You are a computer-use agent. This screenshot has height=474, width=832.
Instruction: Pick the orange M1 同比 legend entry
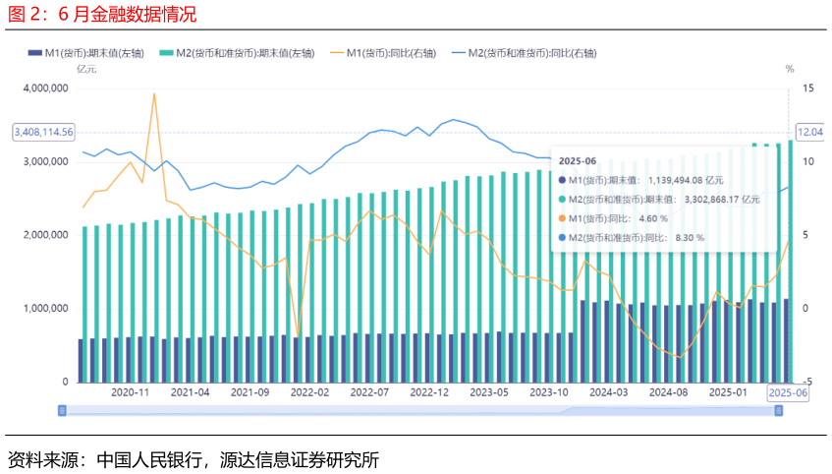pyautogui.click(x=383, y=52)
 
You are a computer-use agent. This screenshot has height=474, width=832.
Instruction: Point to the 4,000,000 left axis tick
pyautogui.click(x=44, y=89)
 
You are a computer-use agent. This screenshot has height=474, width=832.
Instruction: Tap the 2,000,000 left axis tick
pyautogui.click(x=44, y=235)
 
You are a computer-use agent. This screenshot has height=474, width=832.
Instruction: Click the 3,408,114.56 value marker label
pyautogui.click(x=44, y=132)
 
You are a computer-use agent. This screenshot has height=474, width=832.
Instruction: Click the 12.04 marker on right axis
pyautogui.click(x=809, y=132)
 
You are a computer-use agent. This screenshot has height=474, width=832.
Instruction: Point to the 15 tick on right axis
pyautogui.click(x=806, y=89)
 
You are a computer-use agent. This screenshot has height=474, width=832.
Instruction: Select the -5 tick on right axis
pyautogui.click(x=805, y=382)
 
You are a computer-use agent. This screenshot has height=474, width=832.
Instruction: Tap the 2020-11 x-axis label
pyautogui.click(x=130, y=392)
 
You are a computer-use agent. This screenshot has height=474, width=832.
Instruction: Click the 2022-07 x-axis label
pyautogui.click(x=370, y=392)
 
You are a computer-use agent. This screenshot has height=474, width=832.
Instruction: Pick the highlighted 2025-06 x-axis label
pyautogui.click(x=789, y=392)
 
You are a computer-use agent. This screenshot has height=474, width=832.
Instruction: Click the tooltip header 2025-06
pyautogui.click(x=578, y=159)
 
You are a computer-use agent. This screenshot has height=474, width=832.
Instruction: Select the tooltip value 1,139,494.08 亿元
pyautogui.click(x=684, y=180)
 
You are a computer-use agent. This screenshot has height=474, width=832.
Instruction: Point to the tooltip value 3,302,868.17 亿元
pyautogui.click(x=722, y=199)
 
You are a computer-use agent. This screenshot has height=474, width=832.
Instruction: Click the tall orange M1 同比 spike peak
pyautogui.click(x=154, y=94)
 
